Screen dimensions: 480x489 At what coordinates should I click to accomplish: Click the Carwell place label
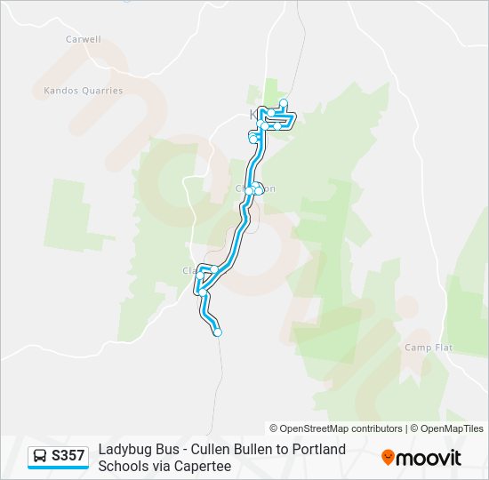point(84,39)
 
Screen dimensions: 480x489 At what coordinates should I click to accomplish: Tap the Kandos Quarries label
point(83,91)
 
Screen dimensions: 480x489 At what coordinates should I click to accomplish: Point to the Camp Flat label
point(429,348)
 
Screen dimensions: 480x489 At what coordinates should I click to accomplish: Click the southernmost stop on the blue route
point(217,332)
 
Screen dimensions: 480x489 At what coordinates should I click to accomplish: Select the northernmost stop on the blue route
point(284,102)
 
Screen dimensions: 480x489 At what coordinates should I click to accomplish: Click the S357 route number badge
point(68,456)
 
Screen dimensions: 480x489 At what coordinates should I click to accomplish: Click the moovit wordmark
point(429,458)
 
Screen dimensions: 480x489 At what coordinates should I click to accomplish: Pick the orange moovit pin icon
point(388,458)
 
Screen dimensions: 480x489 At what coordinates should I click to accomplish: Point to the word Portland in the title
point(320,450)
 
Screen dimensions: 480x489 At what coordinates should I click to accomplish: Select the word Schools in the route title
point(121,466)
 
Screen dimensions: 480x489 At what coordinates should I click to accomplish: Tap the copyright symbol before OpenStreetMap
point(274,428)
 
